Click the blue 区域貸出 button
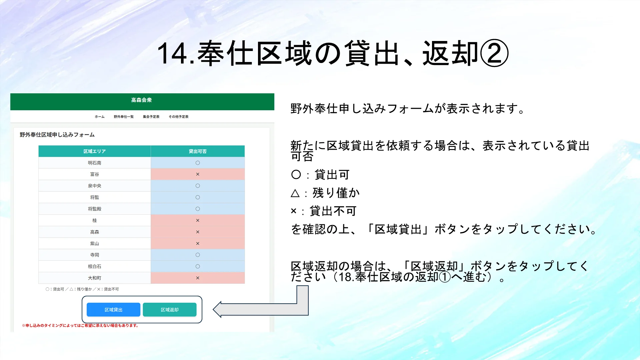[113, 310]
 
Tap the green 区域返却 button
[170, 310]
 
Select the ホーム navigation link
[100, 117]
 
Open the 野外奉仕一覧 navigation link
[124, 117]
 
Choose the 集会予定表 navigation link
[151, 117]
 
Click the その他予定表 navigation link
[179, 117]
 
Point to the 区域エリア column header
[95, 151]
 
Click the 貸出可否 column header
[198, 151]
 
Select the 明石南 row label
[95, 163]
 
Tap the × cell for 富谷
[198, 174]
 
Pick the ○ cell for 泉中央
[198, 186]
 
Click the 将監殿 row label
[95, 209]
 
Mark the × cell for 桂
[198, 220]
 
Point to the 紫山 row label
[95, 244]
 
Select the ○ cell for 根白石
[198, 266]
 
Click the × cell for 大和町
[198, 278]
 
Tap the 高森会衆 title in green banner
[141, 100]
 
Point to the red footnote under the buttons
[80, 326]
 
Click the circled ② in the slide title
[494, 53]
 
